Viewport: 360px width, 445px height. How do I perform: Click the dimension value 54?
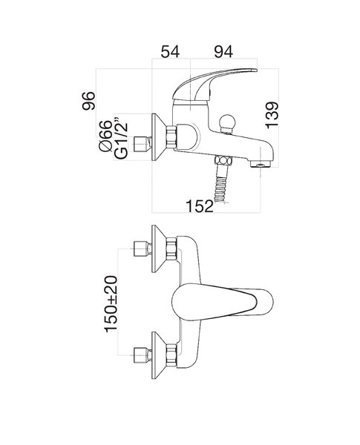pos(170,52)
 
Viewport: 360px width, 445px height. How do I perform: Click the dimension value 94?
pos(223,52)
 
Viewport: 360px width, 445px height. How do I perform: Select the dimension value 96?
pos(88,101)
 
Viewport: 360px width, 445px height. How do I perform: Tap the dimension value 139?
pos(272,115)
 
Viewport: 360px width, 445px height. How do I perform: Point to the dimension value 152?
pos(199,206)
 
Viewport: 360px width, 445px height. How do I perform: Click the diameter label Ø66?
pos(105,136)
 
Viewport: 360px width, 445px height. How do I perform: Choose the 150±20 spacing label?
pos(111,303)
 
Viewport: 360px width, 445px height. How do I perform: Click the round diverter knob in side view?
pos(228,123)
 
